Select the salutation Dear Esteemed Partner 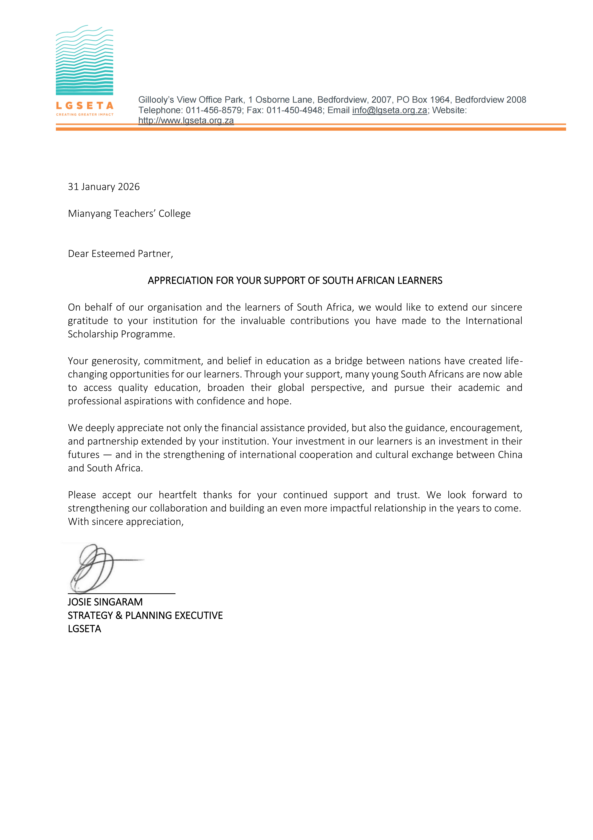120,254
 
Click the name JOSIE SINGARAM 105,602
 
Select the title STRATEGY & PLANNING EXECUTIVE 145,615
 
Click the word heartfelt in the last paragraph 178,495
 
